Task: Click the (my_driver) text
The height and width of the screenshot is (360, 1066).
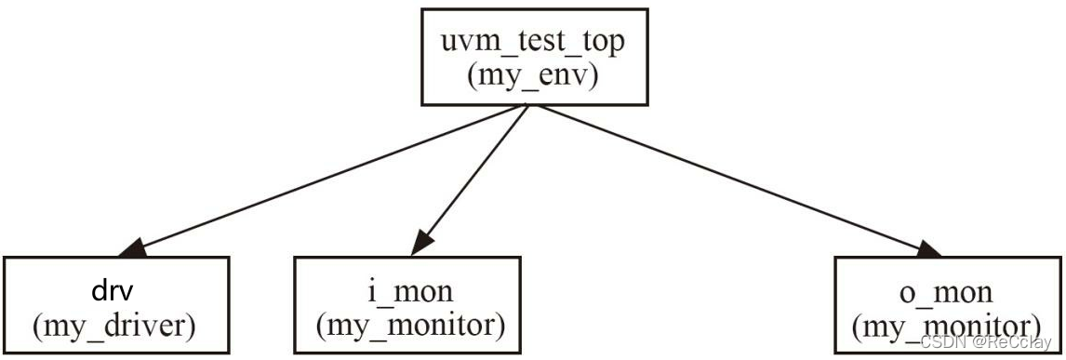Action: [117, 326]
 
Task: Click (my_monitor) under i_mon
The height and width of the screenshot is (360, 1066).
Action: [410, 326]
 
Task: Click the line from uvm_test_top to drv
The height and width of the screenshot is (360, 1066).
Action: [326, 177]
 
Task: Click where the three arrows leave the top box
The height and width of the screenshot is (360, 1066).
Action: [527, 105]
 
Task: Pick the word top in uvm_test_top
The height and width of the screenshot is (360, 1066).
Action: [597, 41]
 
